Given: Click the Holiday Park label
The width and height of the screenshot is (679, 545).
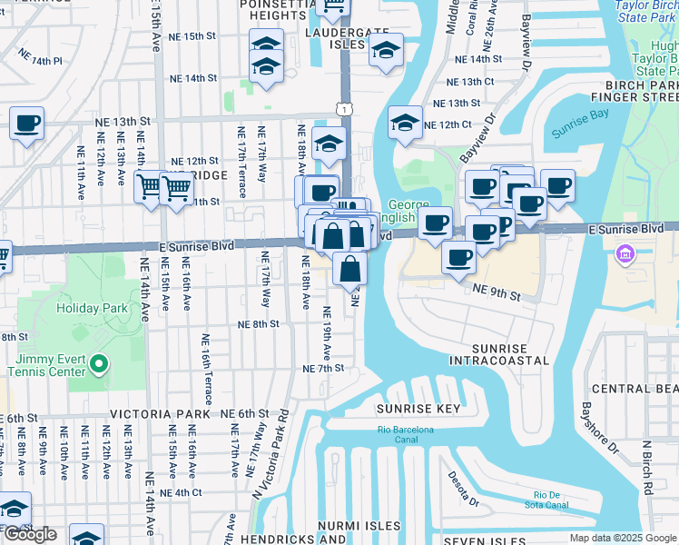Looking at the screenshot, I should (x=92, y=308).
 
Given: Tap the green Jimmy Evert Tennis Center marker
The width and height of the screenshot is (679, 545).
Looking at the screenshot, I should (x=100, y=364).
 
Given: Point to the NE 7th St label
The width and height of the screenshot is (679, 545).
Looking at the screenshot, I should (x=323, y=368).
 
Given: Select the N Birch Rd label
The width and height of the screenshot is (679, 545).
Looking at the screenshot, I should (x=646, y=467).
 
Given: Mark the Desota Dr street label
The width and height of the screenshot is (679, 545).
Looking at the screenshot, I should (x=463, y=489).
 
